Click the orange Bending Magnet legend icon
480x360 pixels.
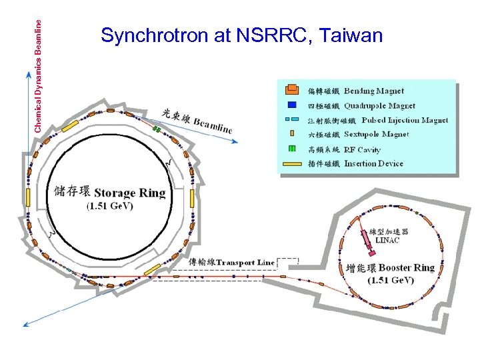point(291,90)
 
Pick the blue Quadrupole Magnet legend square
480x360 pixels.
point(291,105)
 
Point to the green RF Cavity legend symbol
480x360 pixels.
point(291,149)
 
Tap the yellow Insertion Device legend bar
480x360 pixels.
point(291,163)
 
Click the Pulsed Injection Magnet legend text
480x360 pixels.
point(405,120)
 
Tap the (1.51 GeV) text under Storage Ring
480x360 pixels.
point(110,206)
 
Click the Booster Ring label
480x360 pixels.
point(406,268)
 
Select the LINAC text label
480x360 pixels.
point(387,240)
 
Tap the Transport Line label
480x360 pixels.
point(245,262)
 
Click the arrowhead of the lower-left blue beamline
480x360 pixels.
point(26,325)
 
